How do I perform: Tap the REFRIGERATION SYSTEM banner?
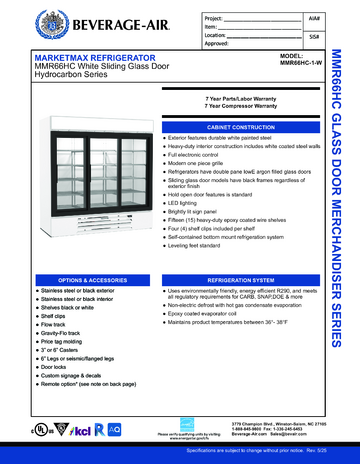pyautogui.click(x=240, y=279)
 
